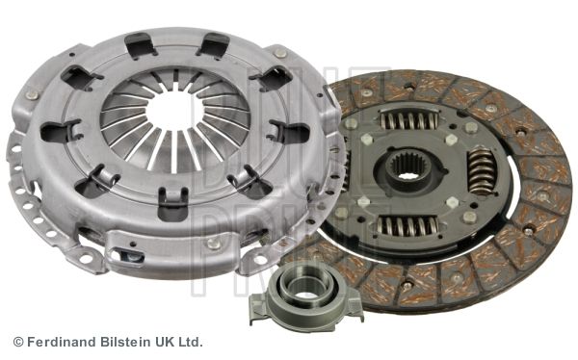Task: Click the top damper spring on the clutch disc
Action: pos(408,118)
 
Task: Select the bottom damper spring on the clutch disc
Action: pos(407,225)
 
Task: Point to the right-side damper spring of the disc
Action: pos(482,171)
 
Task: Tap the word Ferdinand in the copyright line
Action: pos(62,342)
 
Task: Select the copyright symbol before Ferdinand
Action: pos(18,342)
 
